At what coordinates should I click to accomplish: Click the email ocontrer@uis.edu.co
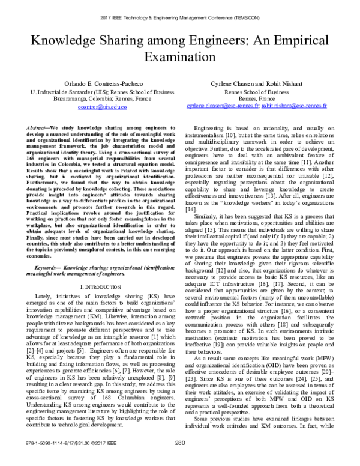point(98,107)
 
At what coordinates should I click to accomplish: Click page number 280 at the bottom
point(179,459)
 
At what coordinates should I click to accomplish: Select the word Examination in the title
point(180,59)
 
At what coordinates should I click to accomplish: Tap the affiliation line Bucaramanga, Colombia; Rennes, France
point(98,100)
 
